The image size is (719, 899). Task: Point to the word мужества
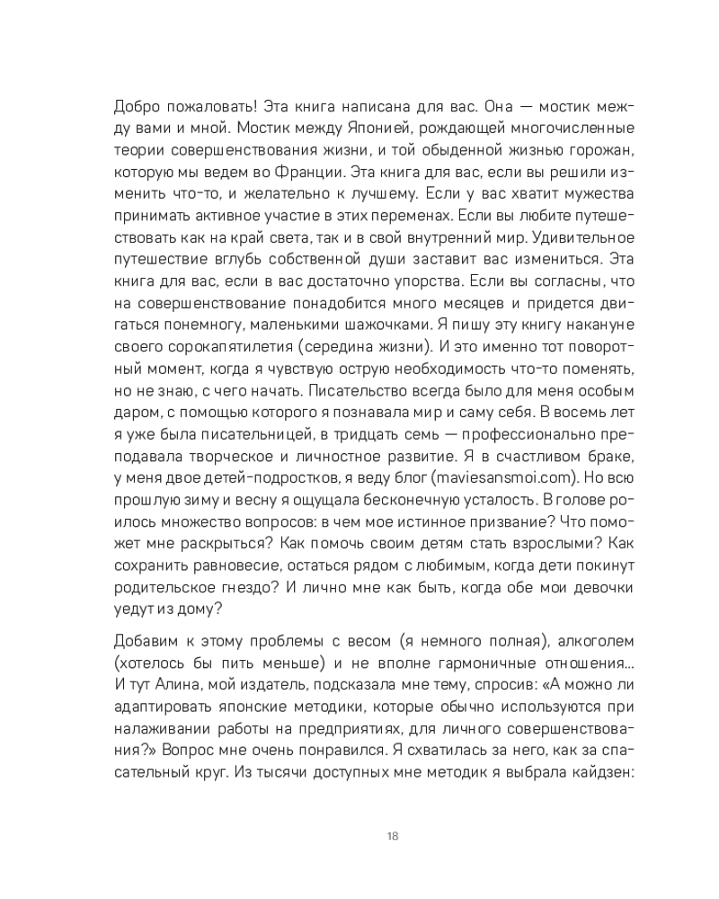pos(574,195)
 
